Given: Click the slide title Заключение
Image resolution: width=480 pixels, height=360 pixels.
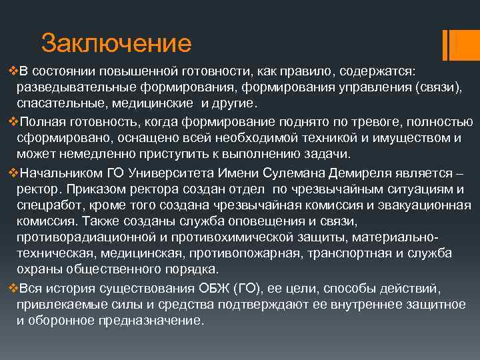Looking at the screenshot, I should (116, 43).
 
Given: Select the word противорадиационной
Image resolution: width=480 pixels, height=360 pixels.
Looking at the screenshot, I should (84, 237).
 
